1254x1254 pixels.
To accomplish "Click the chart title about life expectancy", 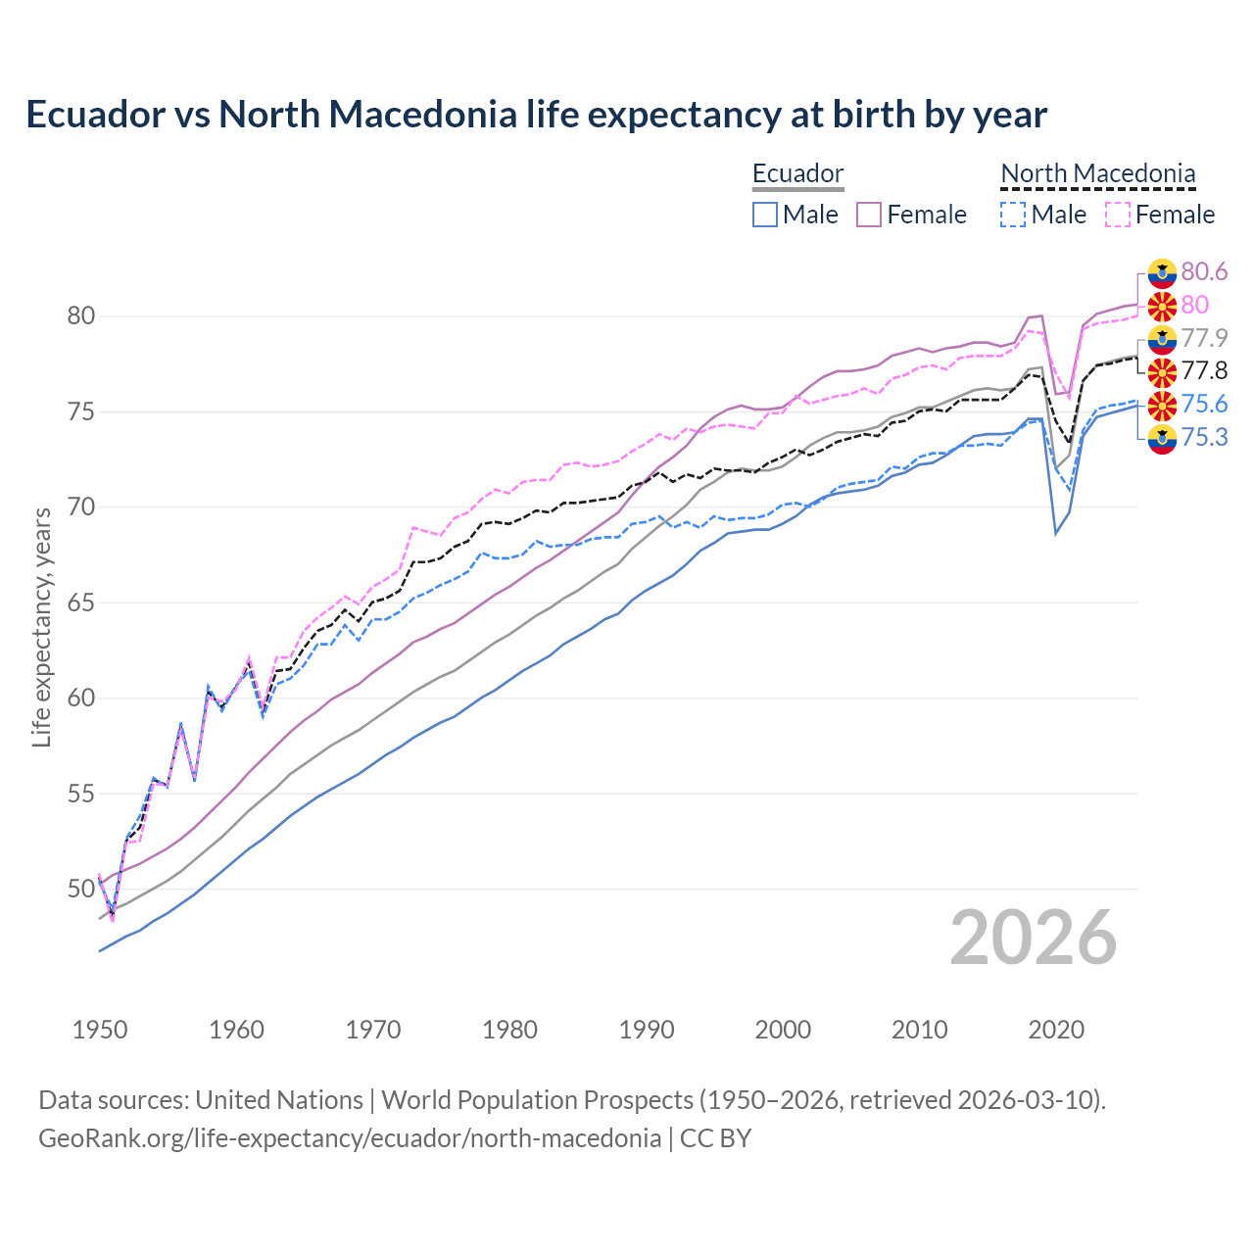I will tap(536, 115).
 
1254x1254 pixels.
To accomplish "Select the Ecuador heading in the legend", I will tap(797, 173).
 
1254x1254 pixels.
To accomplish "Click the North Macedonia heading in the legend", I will tap(1097, 173).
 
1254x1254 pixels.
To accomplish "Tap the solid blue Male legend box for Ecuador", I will tap(765, 215).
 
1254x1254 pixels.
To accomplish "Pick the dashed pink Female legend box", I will tap(1118, 215).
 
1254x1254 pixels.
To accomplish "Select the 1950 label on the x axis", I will tap(100, 1030).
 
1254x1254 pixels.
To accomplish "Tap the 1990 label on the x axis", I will tap(646, 1030).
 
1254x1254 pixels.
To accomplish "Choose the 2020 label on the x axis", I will tap(1056, 1030).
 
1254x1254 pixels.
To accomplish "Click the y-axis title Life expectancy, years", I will tap(41, 627).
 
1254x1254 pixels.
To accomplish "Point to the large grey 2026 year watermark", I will tap(1033, 938).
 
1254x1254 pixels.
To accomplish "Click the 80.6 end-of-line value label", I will tap(1204, 271).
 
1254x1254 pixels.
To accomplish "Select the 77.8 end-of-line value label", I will tap(1204, 370).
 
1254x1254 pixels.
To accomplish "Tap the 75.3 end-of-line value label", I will tap(1204, 437).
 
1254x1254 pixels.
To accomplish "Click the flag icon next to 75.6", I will tap(1162, 405).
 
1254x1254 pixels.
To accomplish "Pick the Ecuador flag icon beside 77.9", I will tap(1162, 339).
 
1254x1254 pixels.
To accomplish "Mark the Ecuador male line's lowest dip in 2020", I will tap(1055, 533).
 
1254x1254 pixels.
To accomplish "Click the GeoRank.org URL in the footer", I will tap(350, 1138).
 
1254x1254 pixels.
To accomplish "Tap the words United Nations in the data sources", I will tap(279, 1100).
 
